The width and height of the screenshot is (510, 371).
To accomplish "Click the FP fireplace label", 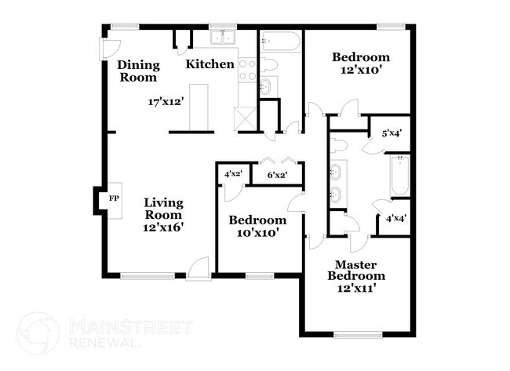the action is coord(114,198).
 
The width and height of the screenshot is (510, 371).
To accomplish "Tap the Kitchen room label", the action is coord(209,64).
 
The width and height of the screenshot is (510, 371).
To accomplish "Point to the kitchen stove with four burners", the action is coord(247,70).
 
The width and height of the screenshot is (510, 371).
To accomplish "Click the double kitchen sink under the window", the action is coord(223,38).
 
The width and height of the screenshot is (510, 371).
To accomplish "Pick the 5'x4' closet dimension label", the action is coord(392,133).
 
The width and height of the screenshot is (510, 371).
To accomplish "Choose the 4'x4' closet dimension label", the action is coord(395,218).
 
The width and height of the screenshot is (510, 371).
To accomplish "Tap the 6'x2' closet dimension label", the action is coord(277,175).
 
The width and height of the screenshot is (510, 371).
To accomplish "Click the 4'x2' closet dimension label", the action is coord(233,173).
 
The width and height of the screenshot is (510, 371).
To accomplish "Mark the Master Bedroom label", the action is coord(356,270).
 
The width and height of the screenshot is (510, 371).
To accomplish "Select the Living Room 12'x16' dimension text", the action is coord(162,227).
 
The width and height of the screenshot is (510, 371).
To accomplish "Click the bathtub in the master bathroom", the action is coord(399,176).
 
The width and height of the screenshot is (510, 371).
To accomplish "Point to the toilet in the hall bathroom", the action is coord(268,64).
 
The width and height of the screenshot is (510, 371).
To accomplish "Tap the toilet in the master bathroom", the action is coord(339,145).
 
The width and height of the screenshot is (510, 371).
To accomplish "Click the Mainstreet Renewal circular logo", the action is coord(38,333).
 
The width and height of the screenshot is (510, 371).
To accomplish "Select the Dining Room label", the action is coord(139,71).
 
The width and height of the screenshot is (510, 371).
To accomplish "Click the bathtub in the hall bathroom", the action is coord(280,41).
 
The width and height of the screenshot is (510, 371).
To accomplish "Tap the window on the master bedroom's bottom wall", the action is coord(358,334).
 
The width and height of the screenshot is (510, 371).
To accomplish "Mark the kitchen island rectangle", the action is coord(199,107).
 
